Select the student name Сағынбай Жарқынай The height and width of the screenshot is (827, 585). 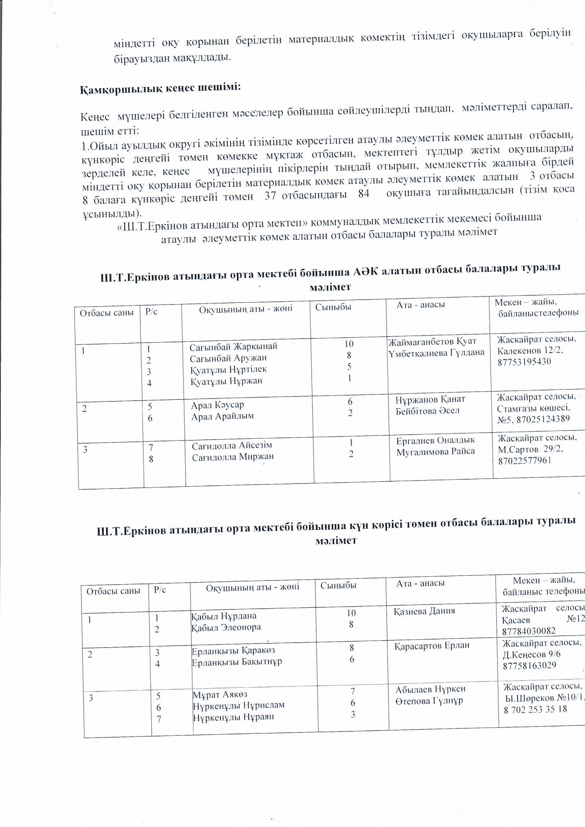tap(233, 347)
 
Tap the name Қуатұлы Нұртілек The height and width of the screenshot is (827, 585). tap(228, 370)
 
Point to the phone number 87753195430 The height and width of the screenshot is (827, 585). tap(525, 362)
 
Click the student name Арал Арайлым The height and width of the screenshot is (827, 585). tap(222, 416)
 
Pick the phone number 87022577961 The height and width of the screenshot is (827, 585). tap(525, 461)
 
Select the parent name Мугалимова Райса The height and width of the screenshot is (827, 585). tap(435, 451)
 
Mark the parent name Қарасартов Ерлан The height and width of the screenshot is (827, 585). tap(432, 645)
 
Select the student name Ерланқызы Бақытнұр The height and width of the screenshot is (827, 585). tap(237, 662)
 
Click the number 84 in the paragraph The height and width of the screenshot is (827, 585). tap(364, 193)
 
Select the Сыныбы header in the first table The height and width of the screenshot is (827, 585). tap(333, 307)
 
